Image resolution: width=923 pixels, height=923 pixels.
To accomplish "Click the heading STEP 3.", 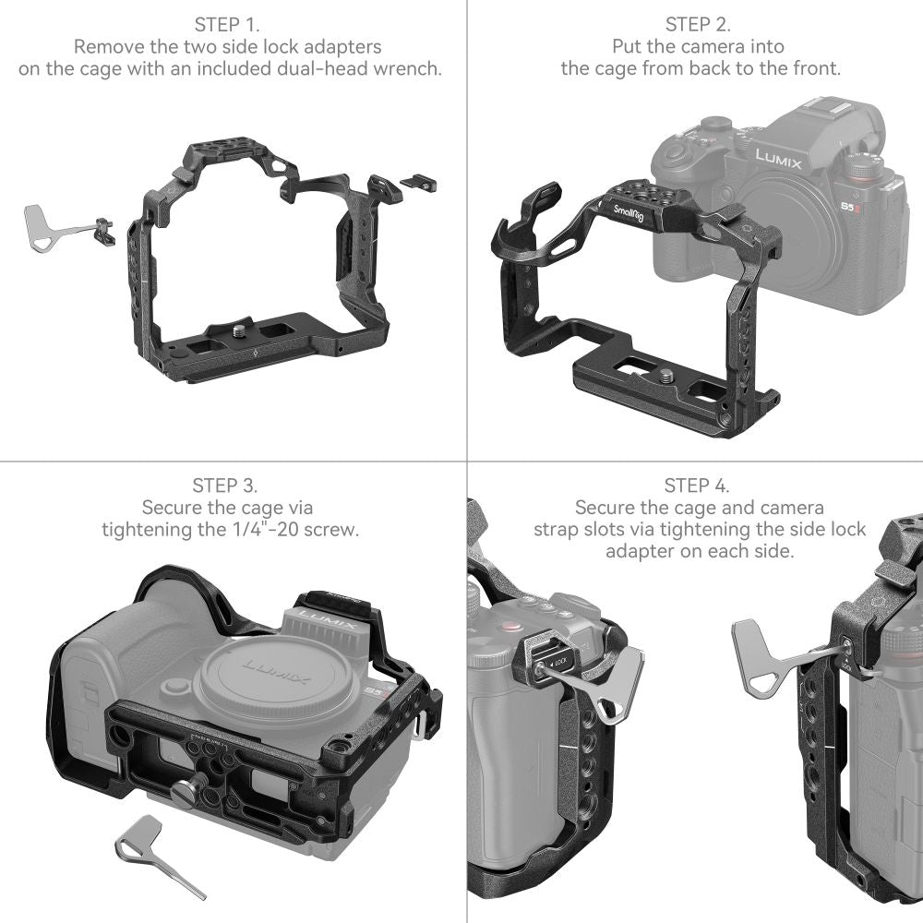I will coord(224,485).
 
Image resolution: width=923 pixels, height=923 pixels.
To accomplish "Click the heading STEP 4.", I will coord(697,485).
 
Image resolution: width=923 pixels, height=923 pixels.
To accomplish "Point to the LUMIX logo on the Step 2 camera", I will coord(778,160).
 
